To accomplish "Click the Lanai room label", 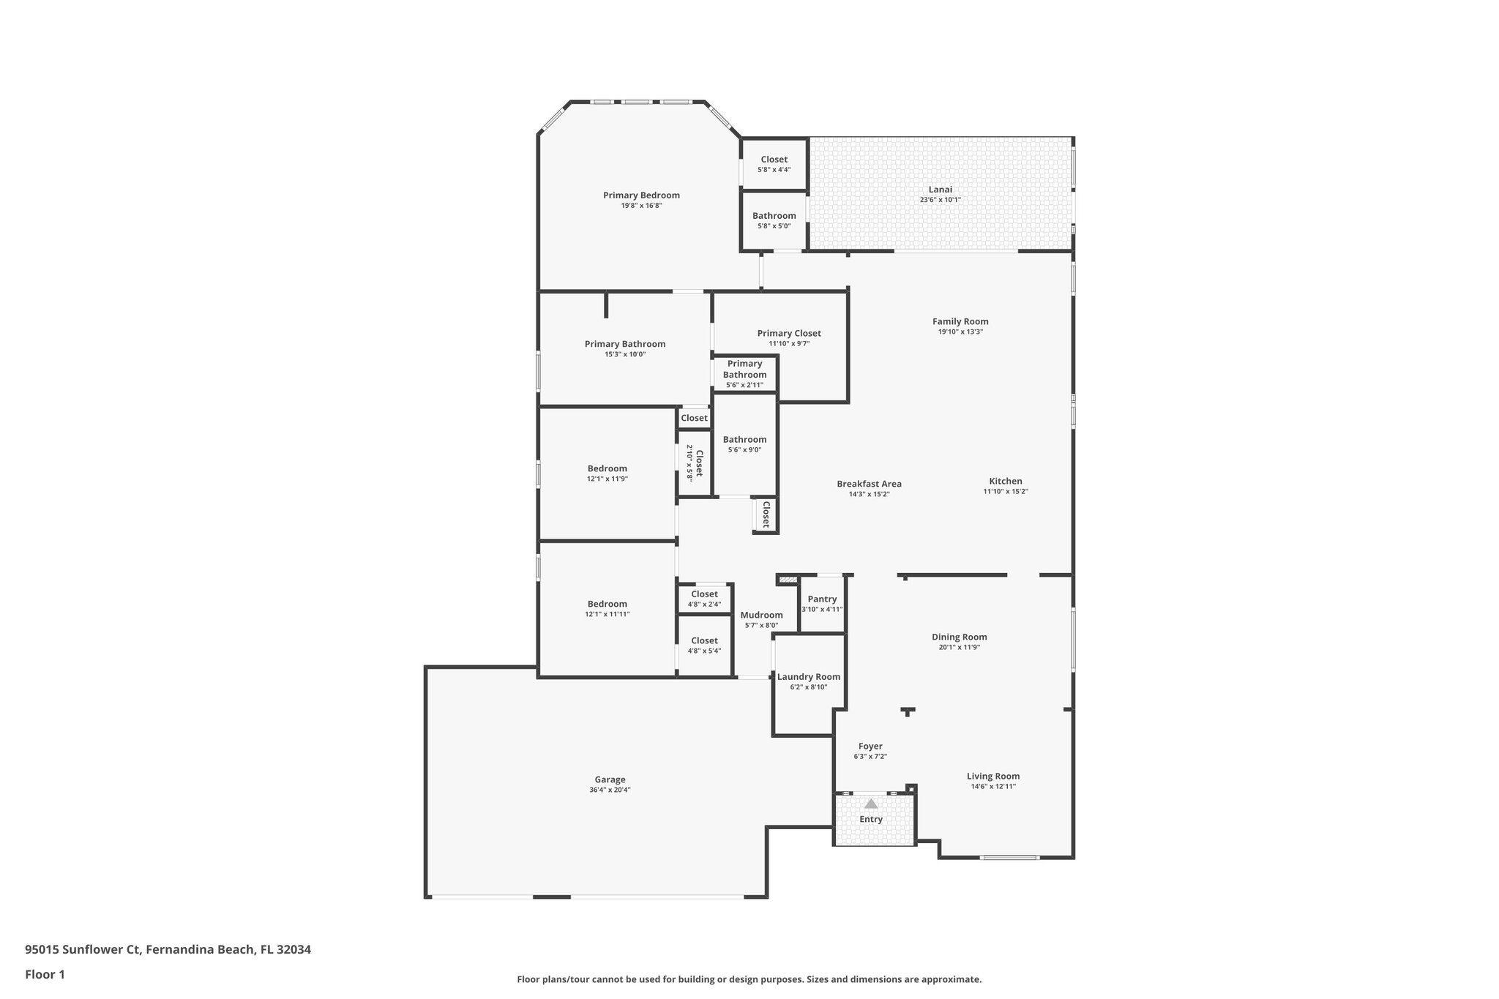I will (940, 190).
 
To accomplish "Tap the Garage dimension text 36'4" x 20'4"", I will (610, 790).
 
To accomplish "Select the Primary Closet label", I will (788, 334).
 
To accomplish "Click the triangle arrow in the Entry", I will (870, 804).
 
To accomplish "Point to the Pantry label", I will (822, 599).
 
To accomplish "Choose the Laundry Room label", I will (808, 677).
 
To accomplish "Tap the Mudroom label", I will (761, 615).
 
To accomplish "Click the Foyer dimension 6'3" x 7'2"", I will (870, 757).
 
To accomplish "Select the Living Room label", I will (993, 777).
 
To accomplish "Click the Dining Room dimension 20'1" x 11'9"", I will (959, 647).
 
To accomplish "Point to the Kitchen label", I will (1005, 481).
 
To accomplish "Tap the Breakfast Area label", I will (869, 484).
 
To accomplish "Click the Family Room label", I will (960, 321).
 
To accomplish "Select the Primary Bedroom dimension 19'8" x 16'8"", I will (641, 206).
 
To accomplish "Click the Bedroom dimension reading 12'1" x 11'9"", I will (607, 479).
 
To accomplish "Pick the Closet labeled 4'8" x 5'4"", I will (704, 641).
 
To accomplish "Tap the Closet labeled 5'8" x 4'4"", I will (774, 160).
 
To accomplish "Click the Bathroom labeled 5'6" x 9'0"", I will (744, 440).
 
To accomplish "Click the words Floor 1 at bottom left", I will (45, 974).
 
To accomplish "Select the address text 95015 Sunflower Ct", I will (82, 949).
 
